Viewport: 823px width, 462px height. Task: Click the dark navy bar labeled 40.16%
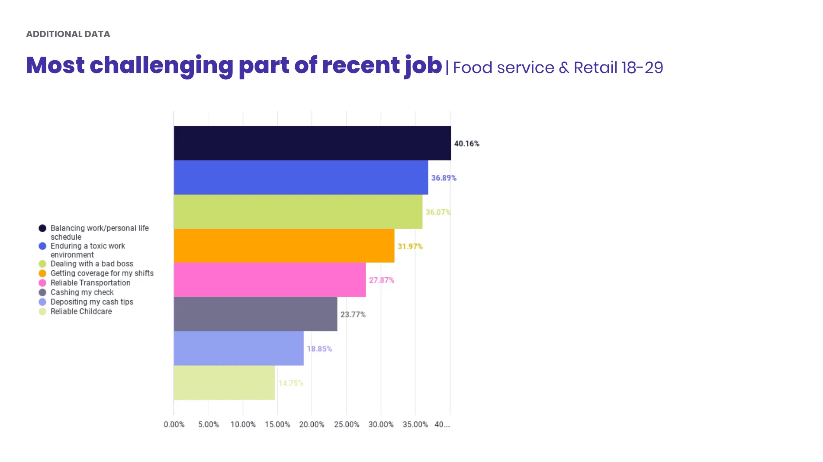[x=312, y=143]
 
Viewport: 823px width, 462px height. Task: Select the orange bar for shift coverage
[x=284, y=246]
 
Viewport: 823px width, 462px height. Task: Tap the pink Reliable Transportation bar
[x=270, y=280]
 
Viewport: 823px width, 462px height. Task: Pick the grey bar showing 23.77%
[x=255, y=314]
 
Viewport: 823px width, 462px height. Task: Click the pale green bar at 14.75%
[x=224, y=383]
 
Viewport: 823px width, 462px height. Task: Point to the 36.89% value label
[x=444, y=178]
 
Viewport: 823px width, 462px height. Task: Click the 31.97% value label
[x=410, y=247]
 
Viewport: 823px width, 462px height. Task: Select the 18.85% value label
[x=319, y=349]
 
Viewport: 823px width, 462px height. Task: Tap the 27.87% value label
[x=381, y=280]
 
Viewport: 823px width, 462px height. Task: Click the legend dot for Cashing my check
[x=42, y=292]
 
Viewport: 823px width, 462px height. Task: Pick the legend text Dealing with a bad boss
[x=92, y=264]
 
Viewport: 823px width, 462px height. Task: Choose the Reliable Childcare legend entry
[x=81, y=311]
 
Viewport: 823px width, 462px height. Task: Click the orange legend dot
[x=42, y=273]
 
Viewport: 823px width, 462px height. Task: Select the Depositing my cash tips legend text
[x=92, y=302]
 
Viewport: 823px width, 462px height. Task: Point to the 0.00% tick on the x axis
[x=174, y=425]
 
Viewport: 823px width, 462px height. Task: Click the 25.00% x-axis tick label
[x=346, y=425]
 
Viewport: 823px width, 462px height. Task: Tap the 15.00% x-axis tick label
[x=277, y=425]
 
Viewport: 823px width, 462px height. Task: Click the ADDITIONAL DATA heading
[x=68, y=34]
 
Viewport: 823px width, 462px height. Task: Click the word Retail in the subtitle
[x=595, y=68]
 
